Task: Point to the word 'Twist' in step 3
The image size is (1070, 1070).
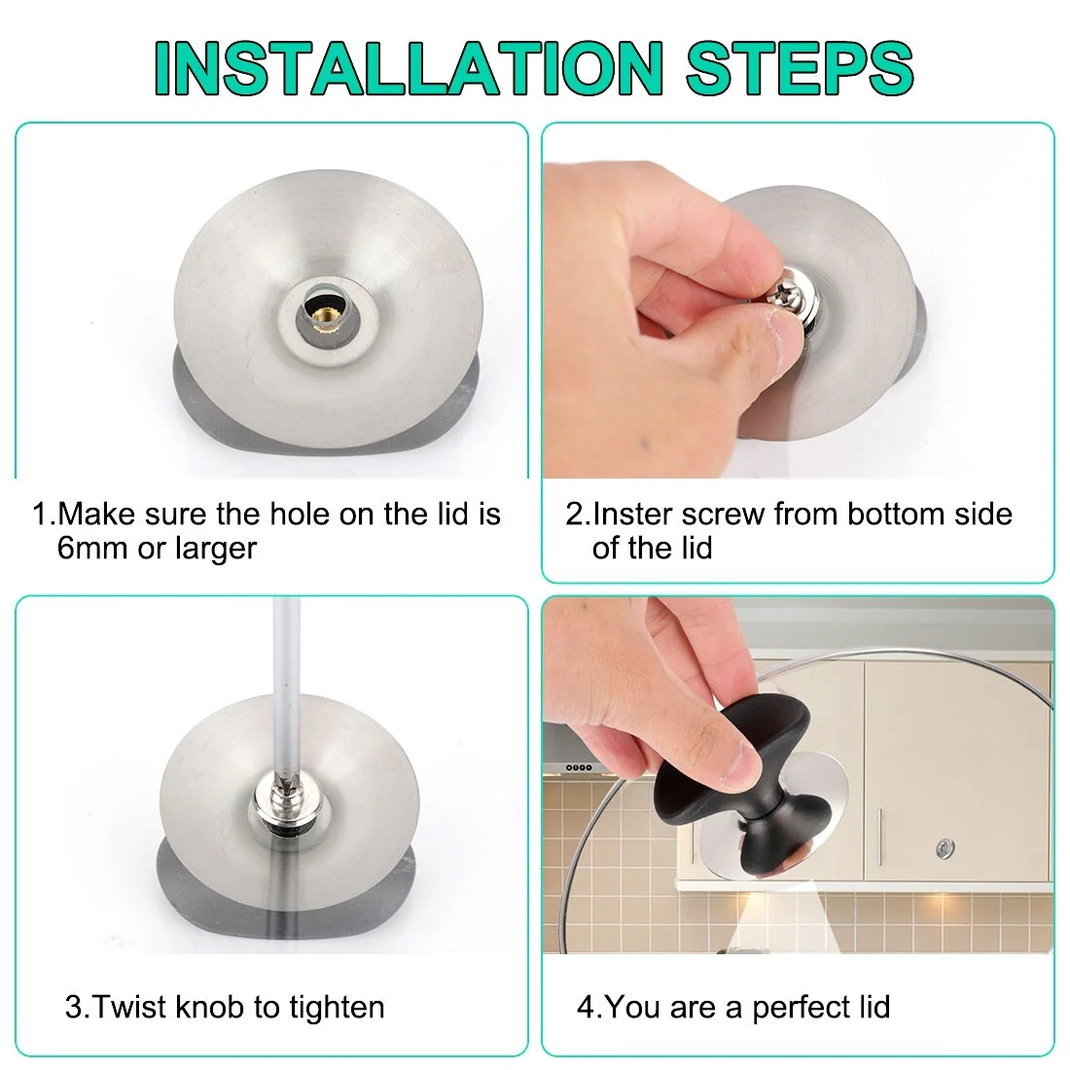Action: [131, 1007]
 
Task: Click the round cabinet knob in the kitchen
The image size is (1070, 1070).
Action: [944, 849]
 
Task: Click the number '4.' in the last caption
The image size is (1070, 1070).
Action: [588, 1007]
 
